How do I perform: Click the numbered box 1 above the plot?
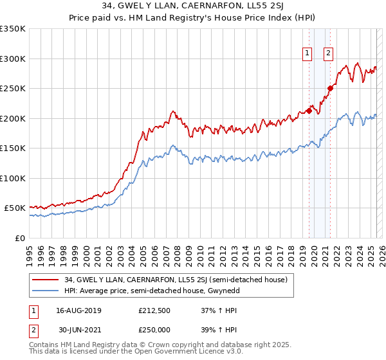[x=307, y=53]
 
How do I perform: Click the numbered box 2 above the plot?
[x=328, y=53]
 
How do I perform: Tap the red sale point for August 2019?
[x=309, y=111]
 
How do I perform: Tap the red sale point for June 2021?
[x=330, y=88]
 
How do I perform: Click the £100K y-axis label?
[x=13, y=178]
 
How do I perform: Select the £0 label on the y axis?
[x=19, y=238]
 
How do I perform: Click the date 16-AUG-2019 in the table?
[x=78, y=310]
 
